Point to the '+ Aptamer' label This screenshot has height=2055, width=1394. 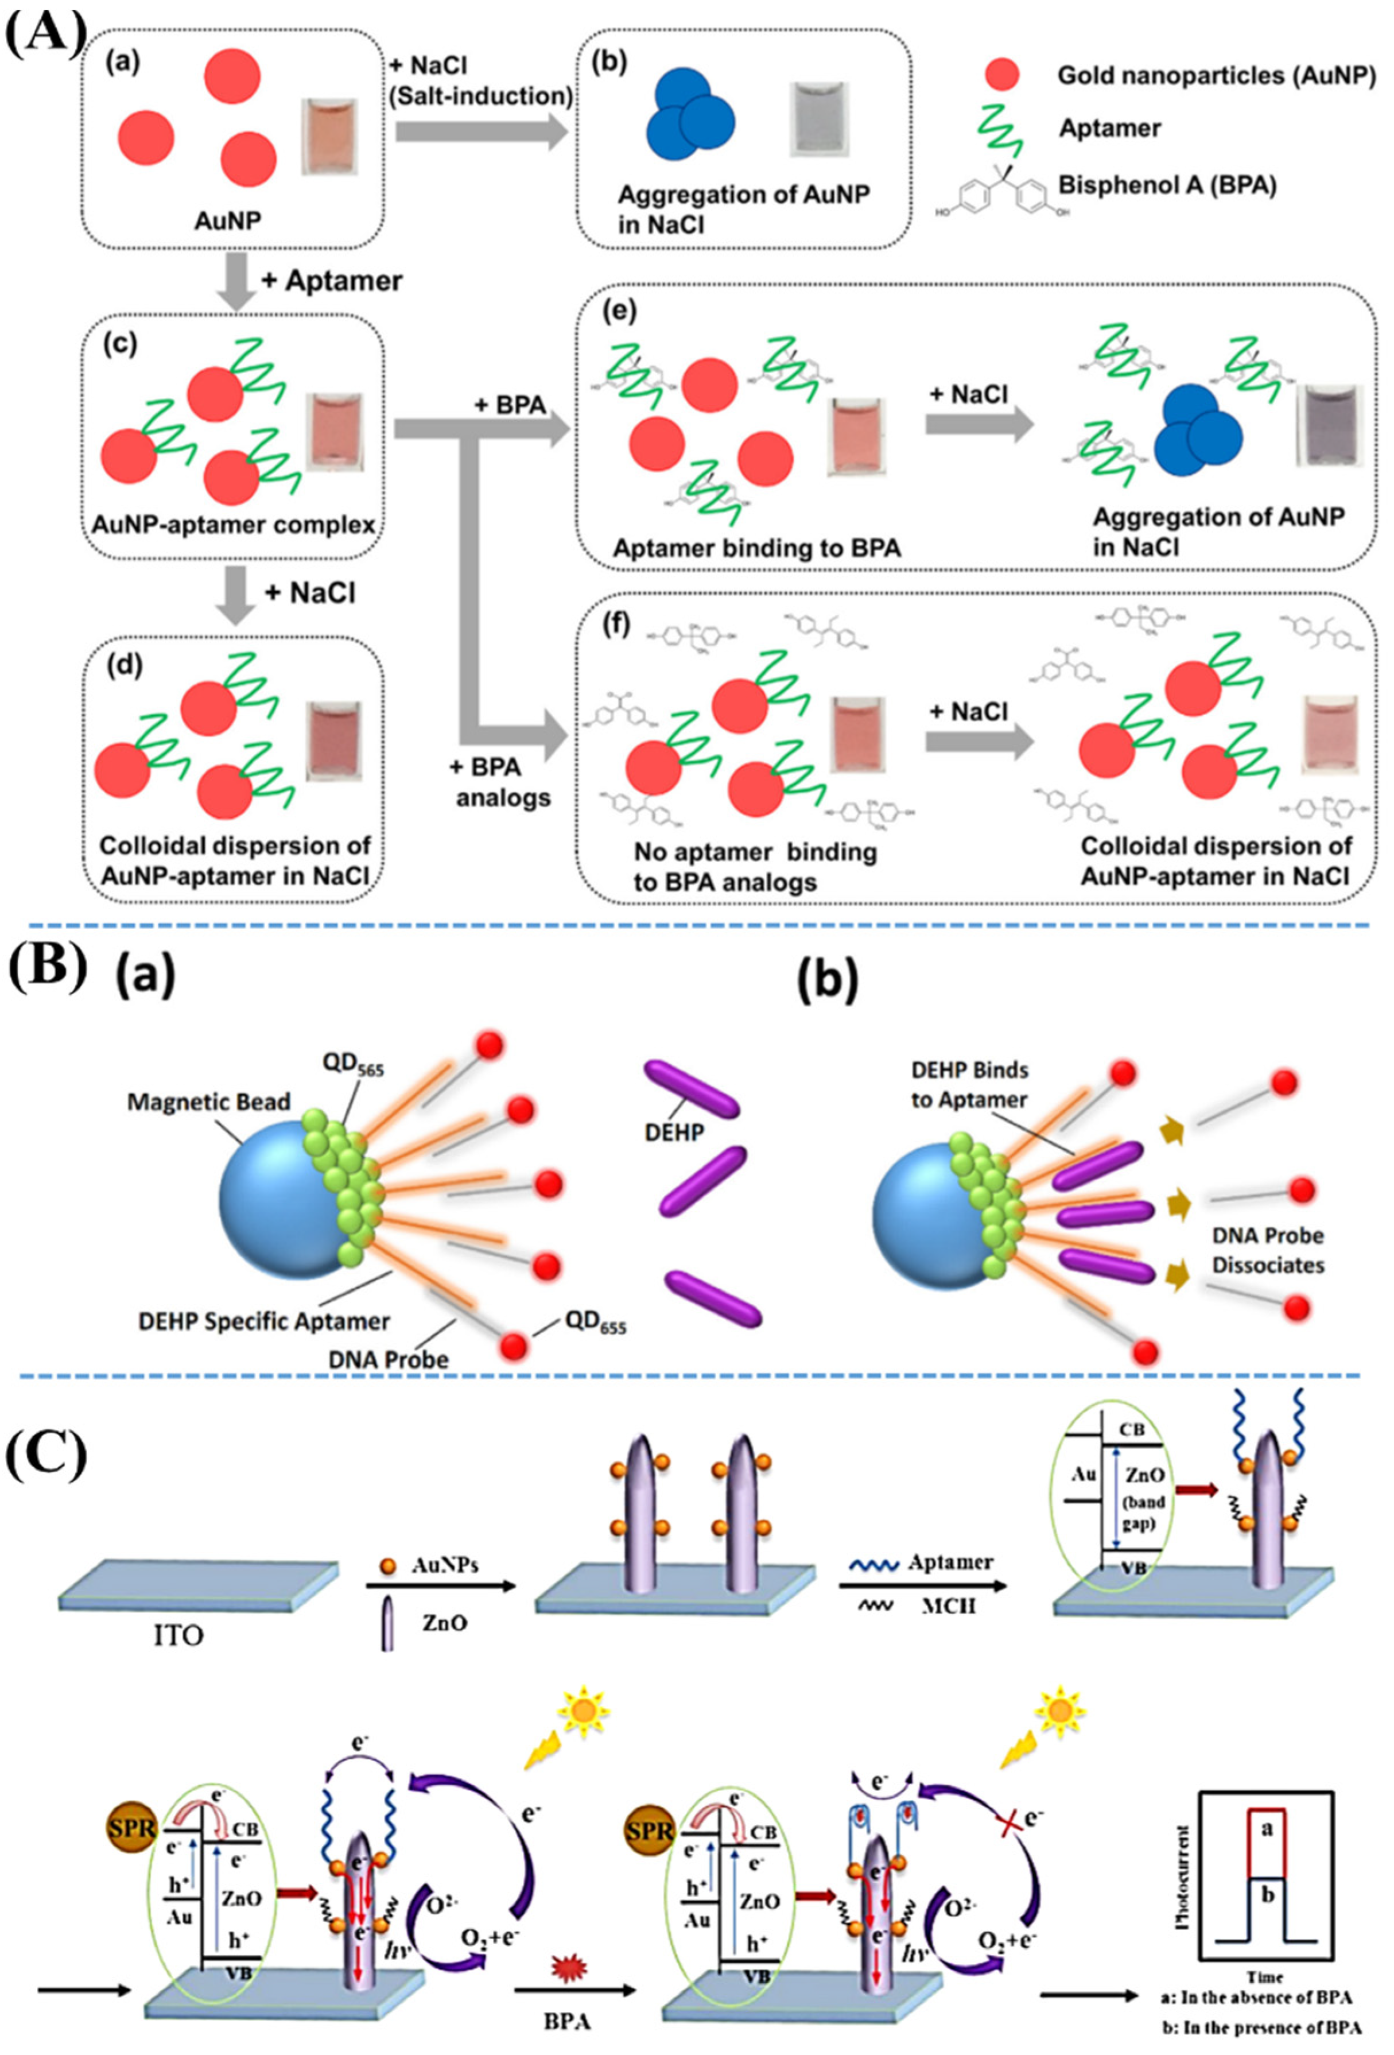pos(332,281)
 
